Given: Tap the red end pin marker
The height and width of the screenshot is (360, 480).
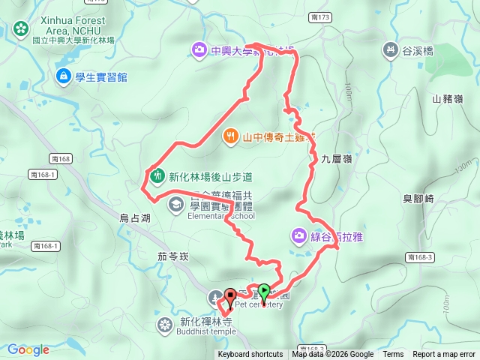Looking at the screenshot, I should point(230,295).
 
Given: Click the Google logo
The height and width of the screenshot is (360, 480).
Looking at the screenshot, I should point(28,349).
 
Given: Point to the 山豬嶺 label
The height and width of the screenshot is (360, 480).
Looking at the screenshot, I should point(447,98).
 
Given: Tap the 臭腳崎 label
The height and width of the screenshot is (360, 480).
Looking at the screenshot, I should point(418,199).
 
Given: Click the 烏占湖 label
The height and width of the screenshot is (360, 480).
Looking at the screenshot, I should point(135,217).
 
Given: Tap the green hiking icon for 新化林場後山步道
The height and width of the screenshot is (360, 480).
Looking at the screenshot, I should point(156,177).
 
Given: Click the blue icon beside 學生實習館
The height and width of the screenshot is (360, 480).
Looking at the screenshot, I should point(63,76).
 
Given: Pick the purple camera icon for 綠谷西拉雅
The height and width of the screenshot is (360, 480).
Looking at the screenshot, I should point(299,237).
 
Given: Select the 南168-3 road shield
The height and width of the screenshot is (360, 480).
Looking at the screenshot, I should point(421,257).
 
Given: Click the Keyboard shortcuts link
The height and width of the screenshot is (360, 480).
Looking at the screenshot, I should point(250,355).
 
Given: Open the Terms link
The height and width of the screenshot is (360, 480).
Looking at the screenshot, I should point(393,355).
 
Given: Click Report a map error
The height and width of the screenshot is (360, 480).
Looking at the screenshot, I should point(445,355).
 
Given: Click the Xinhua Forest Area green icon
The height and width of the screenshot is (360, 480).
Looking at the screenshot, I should point(20,29).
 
